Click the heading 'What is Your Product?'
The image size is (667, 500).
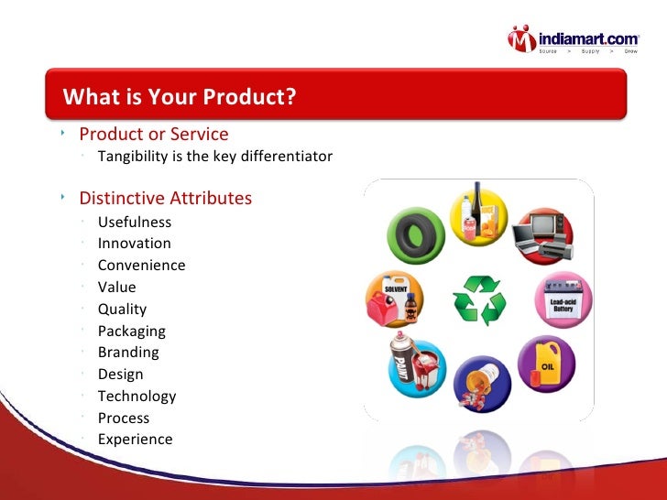tap(180, 96)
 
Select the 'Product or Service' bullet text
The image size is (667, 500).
tap(154, 135)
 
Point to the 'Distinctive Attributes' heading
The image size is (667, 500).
tap(165, 199)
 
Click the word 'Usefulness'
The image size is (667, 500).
tap(135, 222)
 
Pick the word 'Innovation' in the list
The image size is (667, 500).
tap(135, 244)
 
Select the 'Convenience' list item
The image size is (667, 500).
tap(141, 266)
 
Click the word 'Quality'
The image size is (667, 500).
tap(122, 310)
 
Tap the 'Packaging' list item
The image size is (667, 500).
tap(132, 332)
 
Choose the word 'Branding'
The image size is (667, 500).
tap(128, 353)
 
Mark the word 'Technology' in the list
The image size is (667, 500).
tap(137, 397)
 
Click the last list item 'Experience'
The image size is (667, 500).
tap(135, 440)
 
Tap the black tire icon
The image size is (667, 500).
tap(415, 235)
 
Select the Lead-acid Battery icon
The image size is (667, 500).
tap(563, 300)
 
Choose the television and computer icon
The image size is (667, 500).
tap(540, 235)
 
